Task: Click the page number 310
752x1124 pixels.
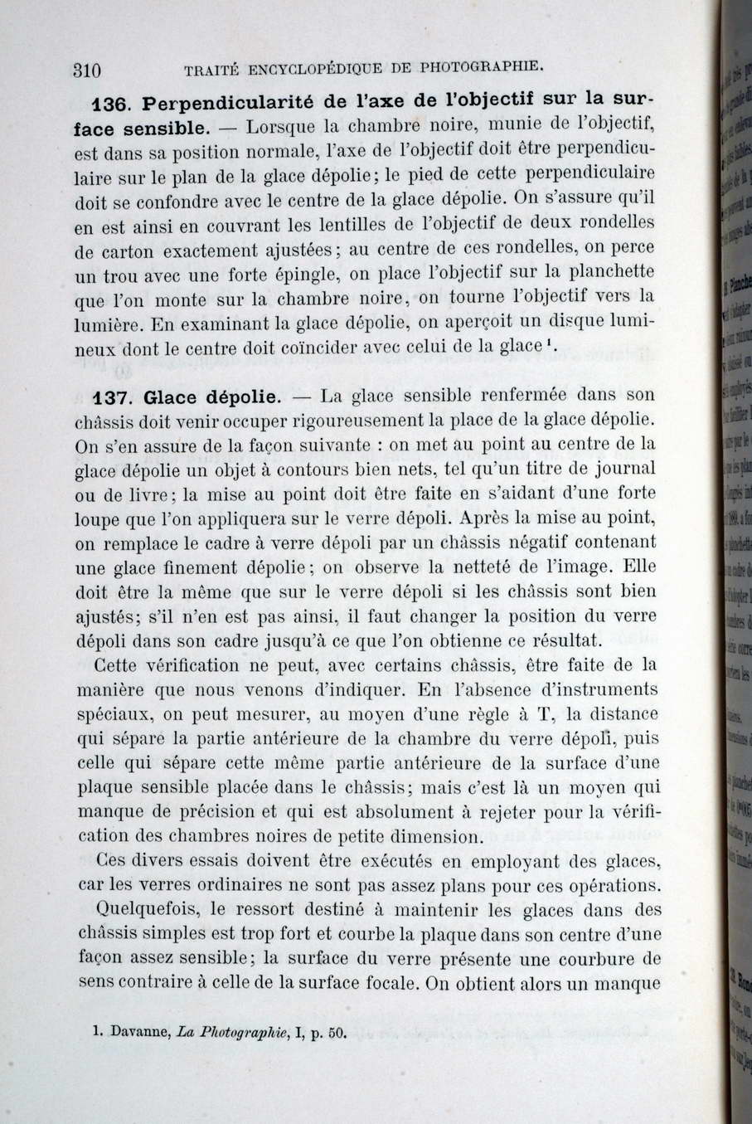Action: [x=87, y=71]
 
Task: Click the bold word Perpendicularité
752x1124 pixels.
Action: [x=228, y=104]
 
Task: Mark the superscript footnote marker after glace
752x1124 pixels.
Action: [x=550, y=341]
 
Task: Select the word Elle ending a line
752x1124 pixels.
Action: [x=638, y=567]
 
